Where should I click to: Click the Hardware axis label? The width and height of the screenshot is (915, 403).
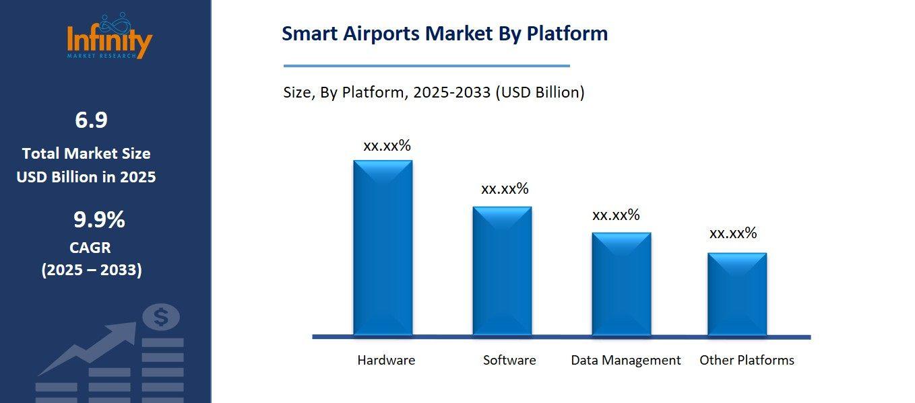(x=386, y=360)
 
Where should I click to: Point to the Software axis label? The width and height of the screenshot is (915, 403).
(x=509, y=360)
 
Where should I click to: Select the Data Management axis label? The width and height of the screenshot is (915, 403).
(x=626, y=360)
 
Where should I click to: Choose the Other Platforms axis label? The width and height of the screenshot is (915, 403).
(x=747, y=360)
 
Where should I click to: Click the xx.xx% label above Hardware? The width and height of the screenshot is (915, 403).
(x=387, y=146)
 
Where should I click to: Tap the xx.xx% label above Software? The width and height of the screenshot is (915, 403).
(x=505, y=189)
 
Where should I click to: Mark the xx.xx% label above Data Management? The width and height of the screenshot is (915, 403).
(x=616, y=215)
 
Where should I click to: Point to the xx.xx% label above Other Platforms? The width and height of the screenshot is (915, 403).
(x=733, y=233)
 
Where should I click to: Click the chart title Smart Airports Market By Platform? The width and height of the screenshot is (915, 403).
(x=445, y=34)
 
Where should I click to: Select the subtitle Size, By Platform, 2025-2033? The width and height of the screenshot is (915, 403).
(x=434, y=93)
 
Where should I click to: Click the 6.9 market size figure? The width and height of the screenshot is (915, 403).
(x=91, y=120)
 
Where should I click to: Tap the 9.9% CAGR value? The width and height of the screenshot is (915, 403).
(x=99, y=220)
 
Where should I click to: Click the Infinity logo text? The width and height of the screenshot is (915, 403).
(x=110, y=40)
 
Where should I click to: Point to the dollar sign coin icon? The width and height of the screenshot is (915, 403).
(x=162, y=316)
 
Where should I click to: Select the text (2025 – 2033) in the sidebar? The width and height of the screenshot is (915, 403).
(x=92, y=270)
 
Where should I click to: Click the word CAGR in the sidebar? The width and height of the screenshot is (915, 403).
(x=90, y=248)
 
